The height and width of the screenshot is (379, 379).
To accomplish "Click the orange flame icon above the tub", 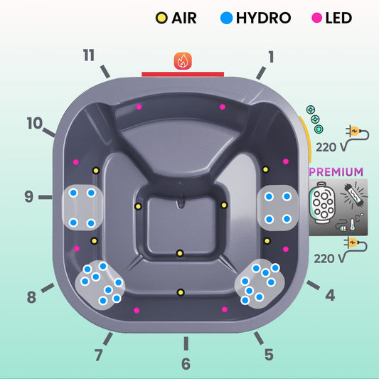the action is point(183,61).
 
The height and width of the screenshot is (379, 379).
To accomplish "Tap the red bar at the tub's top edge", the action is point(183,74).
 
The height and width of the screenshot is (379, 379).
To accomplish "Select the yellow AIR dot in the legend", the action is point(161,18).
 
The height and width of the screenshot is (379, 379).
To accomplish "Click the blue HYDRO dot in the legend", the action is point(227,18).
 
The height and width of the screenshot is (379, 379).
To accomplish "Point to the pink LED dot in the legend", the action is point(317,18).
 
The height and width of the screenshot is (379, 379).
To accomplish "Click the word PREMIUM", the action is point(336,172).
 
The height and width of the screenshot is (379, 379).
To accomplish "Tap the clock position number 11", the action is point(89,55).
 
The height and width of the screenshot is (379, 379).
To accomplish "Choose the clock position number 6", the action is point(186,364).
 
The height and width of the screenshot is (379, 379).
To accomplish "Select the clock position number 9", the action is point(28,196).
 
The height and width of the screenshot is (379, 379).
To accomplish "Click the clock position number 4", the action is point(330,295).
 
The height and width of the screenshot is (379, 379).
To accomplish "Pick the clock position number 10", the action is point(35,123).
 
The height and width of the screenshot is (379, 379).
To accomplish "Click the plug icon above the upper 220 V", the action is point(357,132).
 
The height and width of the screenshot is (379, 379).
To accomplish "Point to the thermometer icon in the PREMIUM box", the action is point(353,224).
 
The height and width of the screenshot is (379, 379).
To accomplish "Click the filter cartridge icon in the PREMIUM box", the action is point(323,203).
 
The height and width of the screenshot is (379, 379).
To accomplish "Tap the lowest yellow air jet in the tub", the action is point(181,292).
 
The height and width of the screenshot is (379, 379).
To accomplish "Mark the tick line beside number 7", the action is point(108,338).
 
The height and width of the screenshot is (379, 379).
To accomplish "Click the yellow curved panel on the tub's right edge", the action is point(305,139).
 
